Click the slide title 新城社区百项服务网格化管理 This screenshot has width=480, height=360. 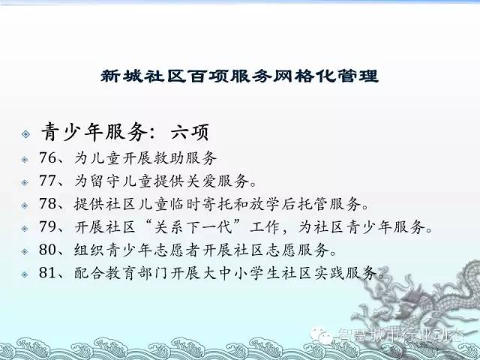(x=240, y=76)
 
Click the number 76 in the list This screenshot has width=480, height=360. (x=48, y=158)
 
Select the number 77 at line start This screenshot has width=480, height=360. (x=48, y=181)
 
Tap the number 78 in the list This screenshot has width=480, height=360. (x=48, y=203)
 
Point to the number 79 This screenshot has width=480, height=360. (x=48, y=226)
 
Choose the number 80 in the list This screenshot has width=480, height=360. (x=48, y=250)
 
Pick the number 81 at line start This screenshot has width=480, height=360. (x=48, y=272)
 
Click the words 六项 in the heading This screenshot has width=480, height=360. (x=190, y=132)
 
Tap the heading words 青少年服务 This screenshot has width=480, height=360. (x=94, y=132)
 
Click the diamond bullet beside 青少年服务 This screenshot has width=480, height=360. (x=25, y=133)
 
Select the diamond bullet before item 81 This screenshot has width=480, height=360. (x=25, y=274)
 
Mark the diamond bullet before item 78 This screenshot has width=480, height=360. (x=25, y=205)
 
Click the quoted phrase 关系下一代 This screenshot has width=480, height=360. (x=193, y=226)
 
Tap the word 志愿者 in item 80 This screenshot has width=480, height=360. (x=178, y=250)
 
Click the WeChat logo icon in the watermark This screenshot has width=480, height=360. (x=320, y=335)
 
